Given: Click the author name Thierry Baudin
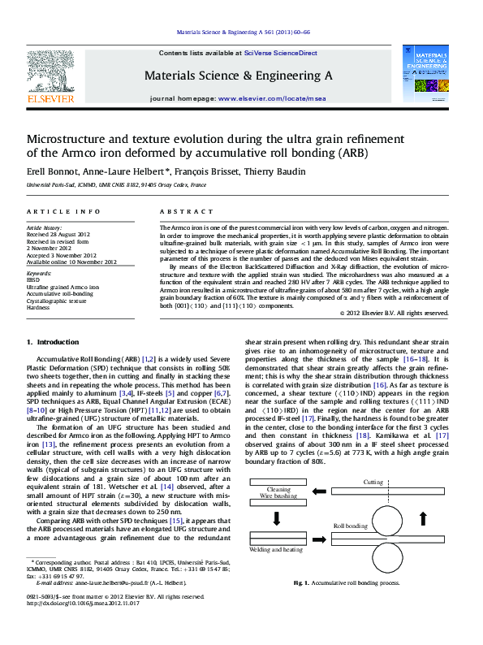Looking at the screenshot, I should pyautogui.click(x=280, y=171).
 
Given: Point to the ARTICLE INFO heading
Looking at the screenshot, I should pyautogui.click(x=63, y=211).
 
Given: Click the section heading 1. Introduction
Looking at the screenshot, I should pyautogui.click(x=53, y=342).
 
